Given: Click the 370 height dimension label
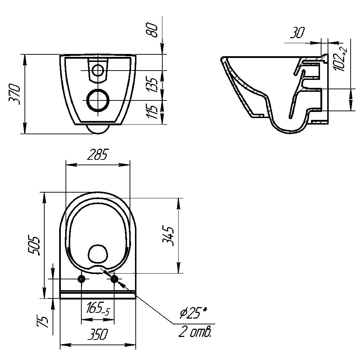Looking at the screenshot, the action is [x=14, y=94].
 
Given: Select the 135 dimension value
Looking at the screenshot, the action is [x=152, y=85].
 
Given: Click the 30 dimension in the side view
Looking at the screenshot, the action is [x=297, y=33].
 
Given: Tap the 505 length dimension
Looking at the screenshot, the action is [x=34, y=245].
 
